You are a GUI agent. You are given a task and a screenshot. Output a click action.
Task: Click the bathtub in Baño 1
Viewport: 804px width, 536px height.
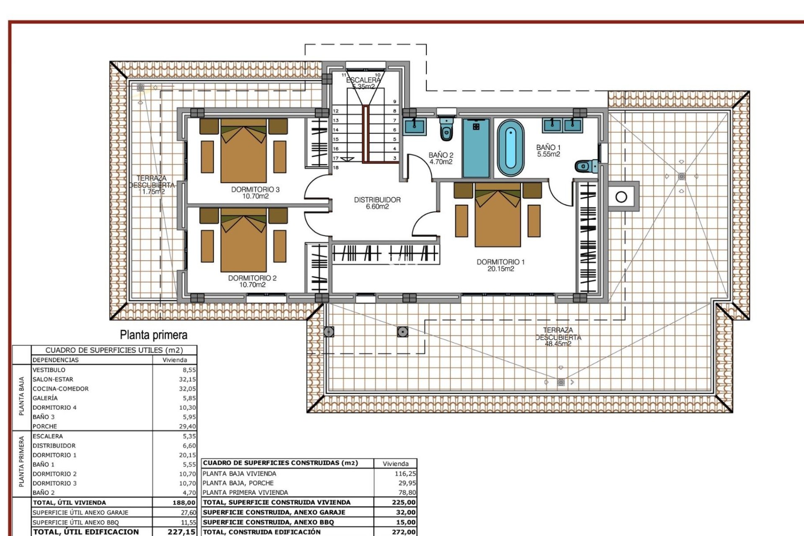pos(510,148)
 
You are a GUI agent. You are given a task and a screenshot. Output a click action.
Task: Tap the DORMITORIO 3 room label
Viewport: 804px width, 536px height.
pos(255,193)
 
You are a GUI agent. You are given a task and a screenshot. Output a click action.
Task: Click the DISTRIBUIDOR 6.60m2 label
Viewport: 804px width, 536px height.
pos(377,203)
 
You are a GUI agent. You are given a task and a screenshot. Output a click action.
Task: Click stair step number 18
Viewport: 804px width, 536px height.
pos(336,167)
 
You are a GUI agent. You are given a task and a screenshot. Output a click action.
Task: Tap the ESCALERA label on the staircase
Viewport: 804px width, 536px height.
pos(363,80)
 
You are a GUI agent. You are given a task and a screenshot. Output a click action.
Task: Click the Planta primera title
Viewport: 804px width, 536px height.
pos(153,335)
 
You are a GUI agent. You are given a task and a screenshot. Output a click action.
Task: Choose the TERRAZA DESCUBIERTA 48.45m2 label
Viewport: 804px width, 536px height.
pos(558,337)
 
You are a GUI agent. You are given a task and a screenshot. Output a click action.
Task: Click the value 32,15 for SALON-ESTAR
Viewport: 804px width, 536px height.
pos(187,379)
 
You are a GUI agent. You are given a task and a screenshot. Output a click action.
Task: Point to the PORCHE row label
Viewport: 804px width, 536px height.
pos(45,426)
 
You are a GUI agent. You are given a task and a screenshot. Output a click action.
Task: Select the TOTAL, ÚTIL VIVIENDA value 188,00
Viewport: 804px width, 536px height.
pos(184,502)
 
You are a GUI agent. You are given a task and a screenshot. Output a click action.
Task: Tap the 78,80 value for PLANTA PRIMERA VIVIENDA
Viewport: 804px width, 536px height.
pos(407,492)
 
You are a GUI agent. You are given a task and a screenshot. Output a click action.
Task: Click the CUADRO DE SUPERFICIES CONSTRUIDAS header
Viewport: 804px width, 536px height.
pos(281,463)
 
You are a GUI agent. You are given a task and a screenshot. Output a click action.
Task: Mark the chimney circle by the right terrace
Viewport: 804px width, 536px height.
pos(621,196)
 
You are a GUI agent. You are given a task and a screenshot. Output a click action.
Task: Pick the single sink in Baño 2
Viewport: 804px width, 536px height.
pos(415,126)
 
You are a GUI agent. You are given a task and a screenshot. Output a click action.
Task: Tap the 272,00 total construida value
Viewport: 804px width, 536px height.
pos(404,532)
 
